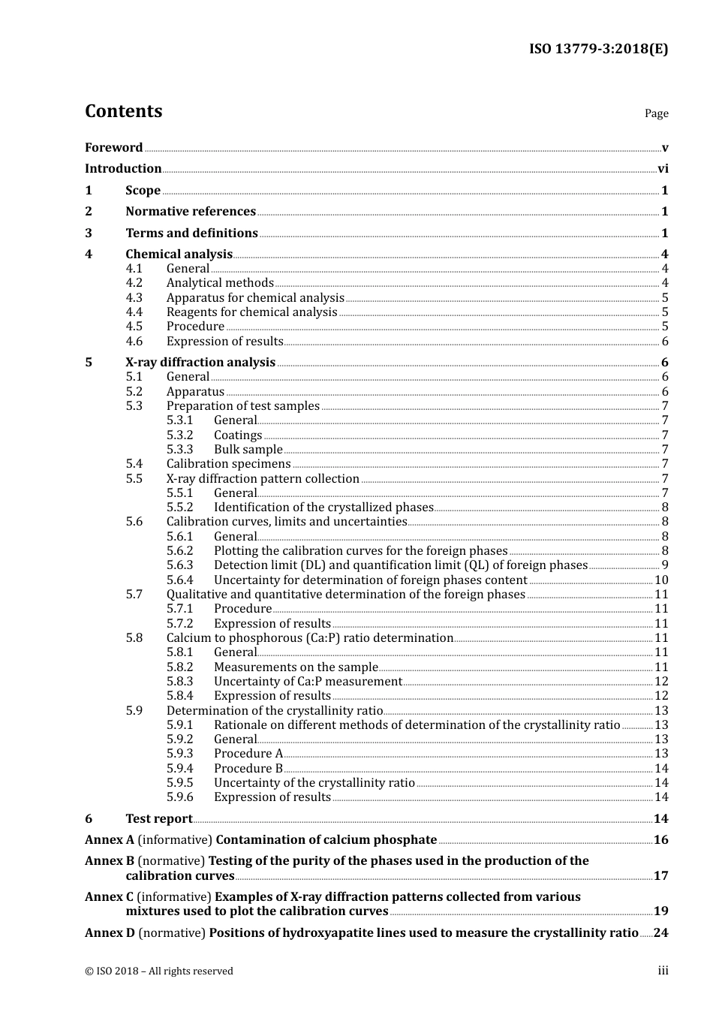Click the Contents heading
123,111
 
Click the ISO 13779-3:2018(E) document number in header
598,49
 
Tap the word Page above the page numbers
656,113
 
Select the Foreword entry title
113,148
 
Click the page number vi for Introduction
663,169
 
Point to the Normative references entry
191,212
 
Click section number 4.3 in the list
134,298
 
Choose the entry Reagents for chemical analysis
251,312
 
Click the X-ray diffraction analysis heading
200,363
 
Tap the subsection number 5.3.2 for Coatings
179,435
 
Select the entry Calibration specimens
228,464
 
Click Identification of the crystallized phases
323,508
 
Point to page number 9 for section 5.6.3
665,565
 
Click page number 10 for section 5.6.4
661,580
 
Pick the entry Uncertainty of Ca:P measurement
308,682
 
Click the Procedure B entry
248,769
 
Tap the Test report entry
158,819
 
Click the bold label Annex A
109,840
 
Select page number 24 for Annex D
660,933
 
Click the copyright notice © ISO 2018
158,971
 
